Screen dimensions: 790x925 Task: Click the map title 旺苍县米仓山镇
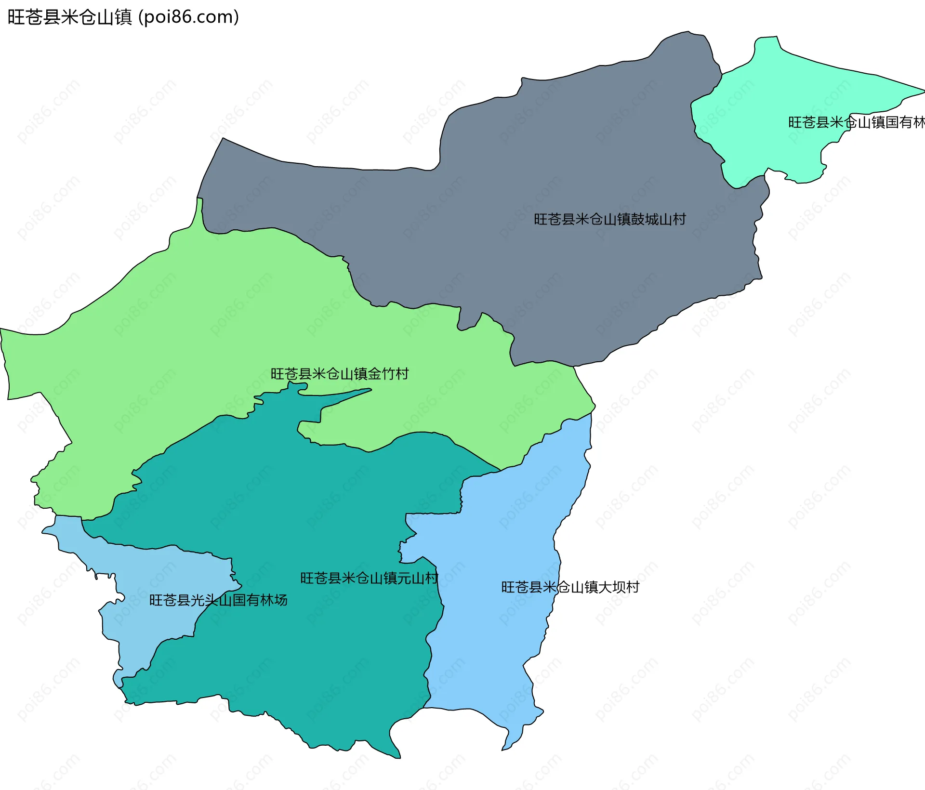pos(70,17)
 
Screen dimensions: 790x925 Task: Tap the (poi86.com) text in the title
pos(188,17)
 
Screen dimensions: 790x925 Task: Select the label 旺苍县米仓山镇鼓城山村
pos(609,220)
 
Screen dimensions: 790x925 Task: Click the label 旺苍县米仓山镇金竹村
pos(340,374)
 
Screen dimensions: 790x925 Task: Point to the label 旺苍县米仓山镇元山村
pos(369,578)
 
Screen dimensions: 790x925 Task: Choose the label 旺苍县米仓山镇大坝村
pos(570,587)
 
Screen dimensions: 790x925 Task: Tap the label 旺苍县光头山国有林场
pos(218,600)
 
